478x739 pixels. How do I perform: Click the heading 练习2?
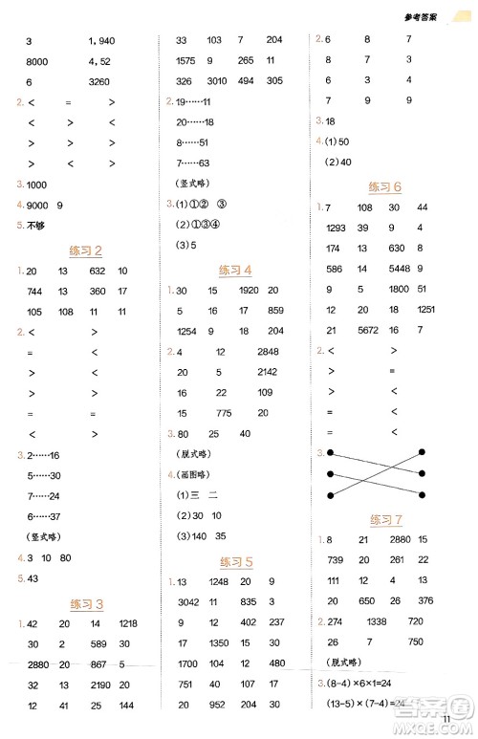coord(86,250)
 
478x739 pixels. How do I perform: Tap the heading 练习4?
coord(235,269)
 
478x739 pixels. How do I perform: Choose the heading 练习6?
coord(384,186)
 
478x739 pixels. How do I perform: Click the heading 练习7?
coord(384,519)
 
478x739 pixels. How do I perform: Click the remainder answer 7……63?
coord(193,163)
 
